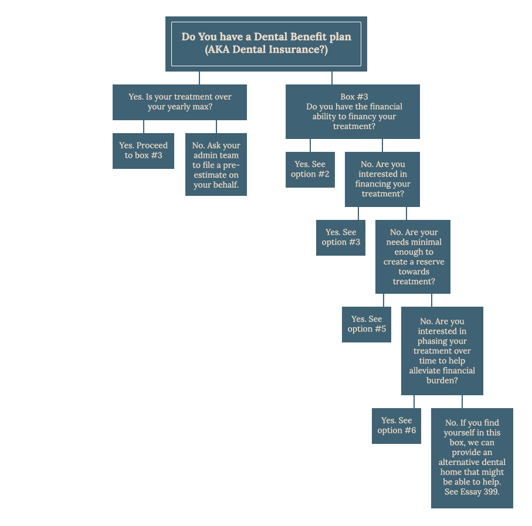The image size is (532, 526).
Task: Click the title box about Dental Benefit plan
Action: click(266, 44)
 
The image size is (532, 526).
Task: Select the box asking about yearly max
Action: click(179, 102)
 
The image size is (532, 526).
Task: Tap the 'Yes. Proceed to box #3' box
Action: click(143, 151)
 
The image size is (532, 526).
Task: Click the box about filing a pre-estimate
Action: click(216, 164)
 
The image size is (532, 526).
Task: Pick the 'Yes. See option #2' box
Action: click(310, 169)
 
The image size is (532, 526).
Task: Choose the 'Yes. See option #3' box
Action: click(341, 237)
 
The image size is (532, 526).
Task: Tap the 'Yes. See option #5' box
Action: click(367, 324)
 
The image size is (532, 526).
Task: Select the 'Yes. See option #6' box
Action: click(397, 426)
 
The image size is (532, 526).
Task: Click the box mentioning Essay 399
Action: click(472, 458)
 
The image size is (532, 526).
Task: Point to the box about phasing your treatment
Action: click(442, 351)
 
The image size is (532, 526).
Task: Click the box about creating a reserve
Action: click(412, 257)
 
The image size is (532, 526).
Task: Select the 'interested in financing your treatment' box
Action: click(382, 179)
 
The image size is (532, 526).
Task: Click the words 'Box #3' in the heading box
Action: click(354, 97)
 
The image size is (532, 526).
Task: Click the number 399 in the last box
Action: click(492, 492)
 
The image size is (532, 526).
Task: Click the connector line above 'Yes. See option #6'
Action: click(414, 402)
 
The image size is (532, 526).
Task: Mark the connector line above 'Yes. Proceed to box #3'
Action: click(144, 127)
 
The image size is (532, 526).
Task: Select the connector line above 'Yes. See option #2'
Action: click(310, 145)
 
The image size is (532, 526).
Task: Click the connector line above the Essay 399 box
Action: click(462, 402)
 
